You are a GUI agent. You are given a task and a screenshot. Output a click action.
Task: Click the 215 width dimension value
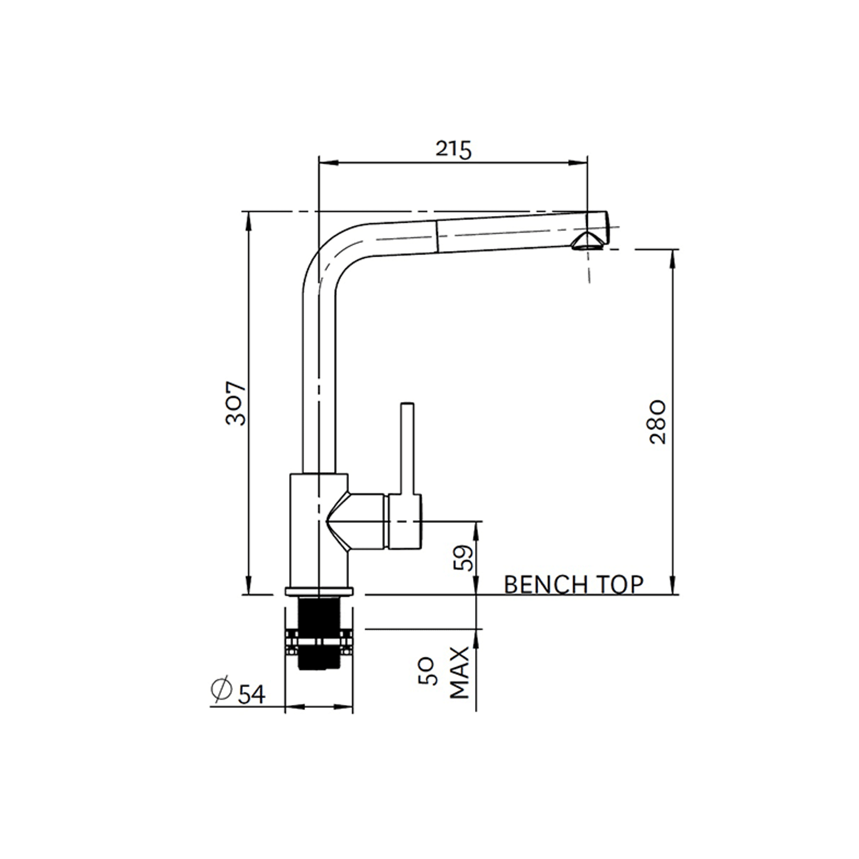[x=453, y=150]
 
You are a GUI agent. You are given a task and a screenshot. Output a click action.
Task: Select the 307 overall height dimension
[x=236, y=403]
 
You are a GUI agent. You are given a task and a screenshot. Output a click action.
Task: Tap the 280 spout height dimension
[x=657, y=422]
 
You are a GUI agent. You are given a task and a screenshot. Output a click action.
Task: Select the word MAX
[x=460, y=672]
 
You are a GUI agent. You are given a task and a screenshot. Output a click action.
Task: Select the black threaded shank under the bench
[x=319, y=633]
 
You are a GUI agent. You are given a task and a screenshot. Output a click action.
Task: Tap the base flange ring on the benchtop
[x=319, y=591]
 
